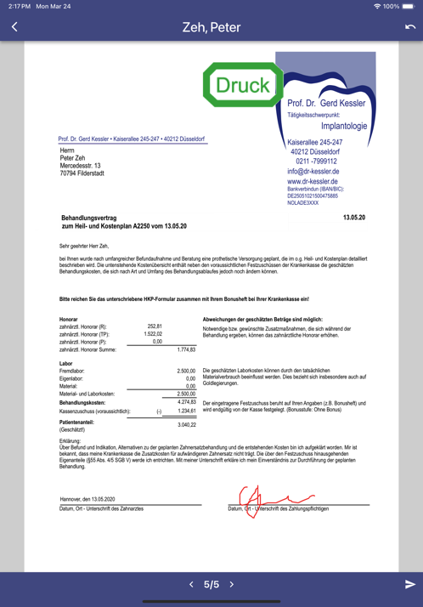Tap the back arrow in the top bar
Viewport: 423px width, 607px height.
(14, 27)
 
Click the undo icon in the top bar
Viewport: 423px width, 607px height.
(409, 27)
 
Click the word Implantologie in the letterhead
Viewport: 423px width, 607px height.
(344, 126)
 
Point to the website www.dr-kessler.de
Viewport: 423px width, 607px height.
(313, 181)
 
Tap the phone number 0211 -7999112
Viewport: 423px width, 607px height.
(316, 161)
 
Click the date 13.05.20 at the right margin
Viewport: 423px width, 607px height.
(353, 218)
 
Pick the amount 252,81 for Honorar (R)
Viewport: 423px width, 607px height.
(154, 326)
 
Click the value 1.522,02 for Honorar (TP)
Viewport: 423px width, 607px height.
(153, 334)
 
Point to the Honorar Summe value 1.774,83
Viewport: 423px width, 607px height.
(186, 349)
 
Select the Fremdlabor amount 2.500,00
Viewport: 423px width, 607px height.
(186, 372)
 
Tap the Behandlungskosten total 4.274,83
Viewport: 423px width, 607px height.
(186, 401)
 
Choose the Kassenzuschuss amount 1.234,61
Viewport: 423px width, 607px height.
(186, 411)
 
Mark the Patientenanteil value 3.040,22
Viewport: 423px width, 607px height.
(186, 423)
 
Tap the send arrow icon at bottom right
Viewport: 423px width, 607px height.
(409, 585)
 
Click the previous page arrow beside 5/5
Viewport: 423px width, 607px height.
(191, 585)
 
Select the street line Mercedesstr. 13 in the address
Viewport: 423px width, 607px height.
(80, 165)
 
